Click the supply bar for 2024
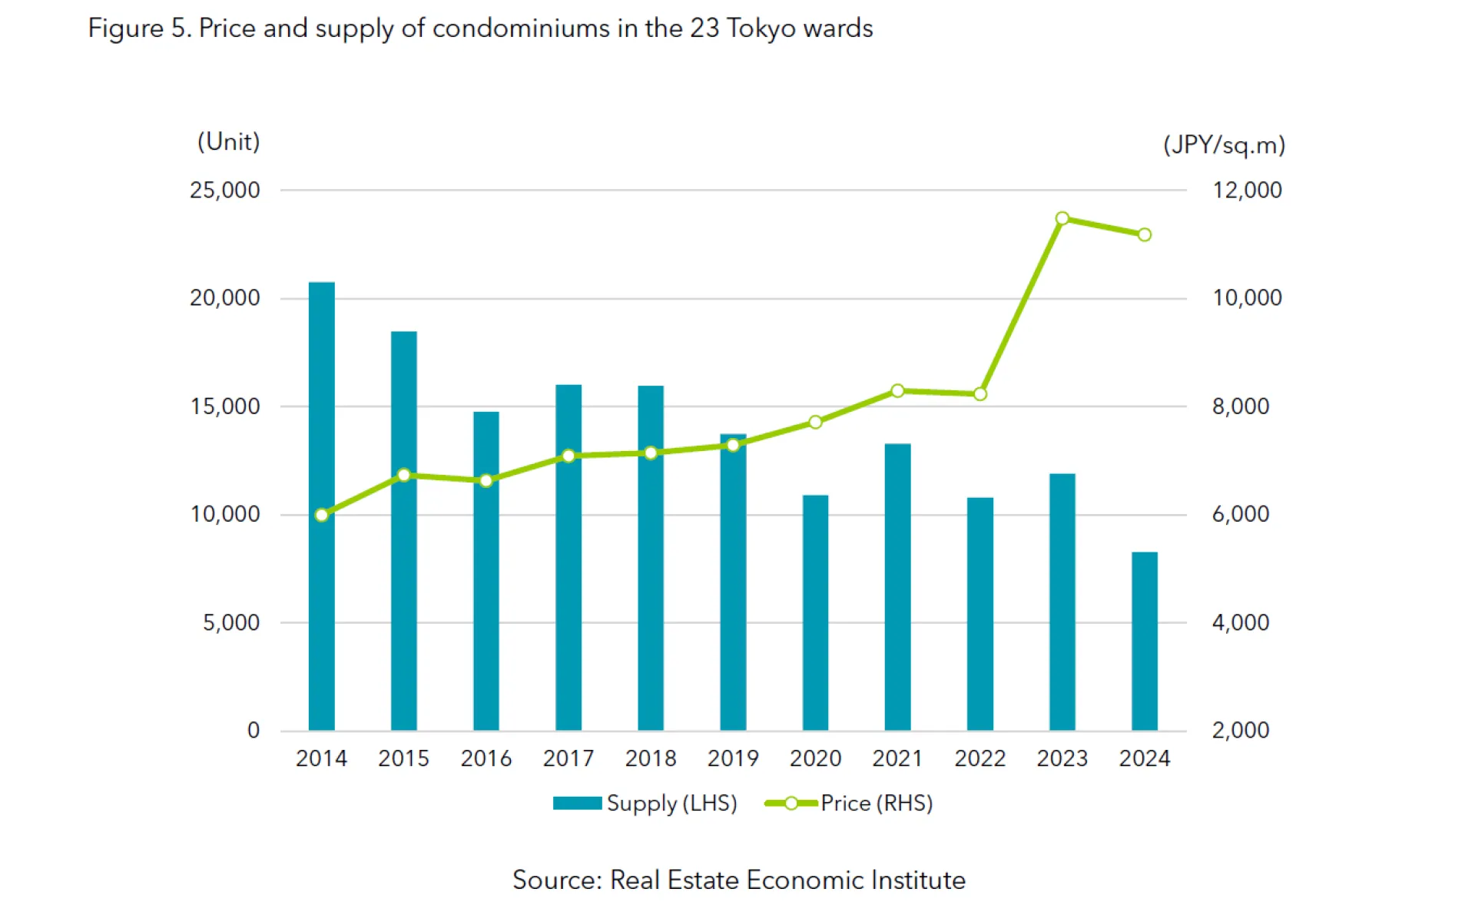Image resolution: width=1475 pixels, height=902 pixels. click(x=1144, y=641)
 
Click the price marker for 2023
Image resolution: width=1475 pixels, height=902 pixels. click(x=1062, y=219)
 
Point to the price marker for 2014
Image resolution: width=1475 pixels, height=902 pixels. click(x=322, y=515)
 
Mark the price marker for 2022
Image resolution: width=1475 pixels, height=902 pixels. click(x=979, y=394)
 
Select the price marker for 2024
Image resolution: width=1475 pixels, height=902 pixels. click(x=1144, y=234)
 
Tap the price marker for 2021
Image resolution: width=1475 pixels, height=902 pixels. click(x=897, y=391)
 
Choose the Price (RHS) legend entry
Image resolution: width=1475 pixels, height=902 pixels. click(x=849, y=803)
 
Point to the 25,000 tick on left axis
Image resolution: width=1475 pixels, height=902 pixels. click(x=224, y=190)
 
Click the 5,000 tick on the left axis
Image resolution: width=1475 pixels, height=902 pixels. click(x=230, y=622)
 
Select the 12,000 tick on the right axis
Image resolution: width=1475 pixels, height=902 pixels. click(x=1247, y=190)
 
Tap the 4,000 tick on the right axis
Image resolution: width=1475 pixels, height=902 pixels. click(x=1240, y=622)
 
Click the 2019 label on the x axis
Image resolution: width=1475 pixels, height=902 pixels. click(x=733, y=758)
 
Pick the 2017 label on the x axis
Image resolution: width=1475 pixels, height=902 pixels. click(x=568, y=758)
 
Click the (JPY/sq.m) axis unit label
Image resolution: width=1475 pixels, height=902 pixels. click(x=1223, y=145)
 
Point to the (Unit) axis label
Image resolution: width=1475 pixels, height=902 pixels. click(x=228, y=141)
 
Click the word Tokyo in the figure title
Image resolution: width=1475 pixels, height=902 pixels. click(x=760, y=29)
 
